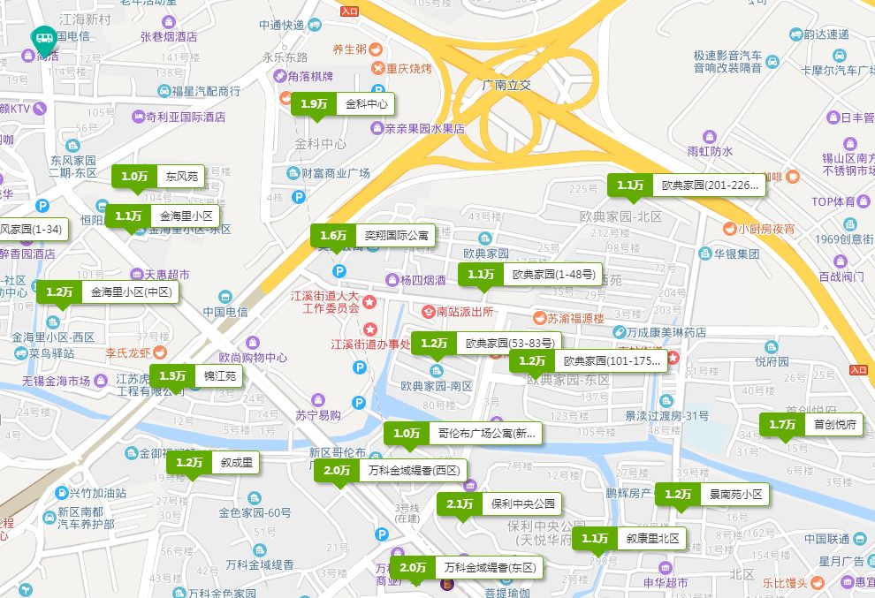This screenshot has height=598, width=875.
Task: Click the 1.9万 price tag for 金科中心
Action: (342, 104)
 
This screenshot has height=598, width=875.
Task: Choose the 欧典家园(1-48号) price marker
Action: (530, 275)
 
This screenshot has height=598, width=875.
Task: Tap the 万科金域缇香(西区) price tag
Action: (390, 472)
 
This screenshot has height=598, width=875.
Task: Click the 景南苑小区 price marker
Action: (712, 495)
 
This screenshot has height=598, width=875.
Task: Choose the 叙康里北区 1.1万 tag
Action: (629, 539)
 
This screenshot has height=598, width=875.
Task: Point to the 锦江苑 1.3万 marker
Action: (195, 376)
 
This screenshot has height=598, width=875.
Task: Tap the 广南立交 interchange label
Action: (506, 85)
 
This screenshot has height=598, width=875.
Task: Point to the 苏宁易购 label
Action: (317, 415)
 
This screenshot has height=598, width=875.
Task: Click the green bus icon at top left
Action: (42, 38)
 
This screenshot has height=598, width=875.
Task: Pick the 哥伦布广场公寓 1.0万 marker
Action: (463, 434)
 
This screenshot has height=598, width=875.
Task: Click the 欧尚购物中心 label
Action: (253, 358)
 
